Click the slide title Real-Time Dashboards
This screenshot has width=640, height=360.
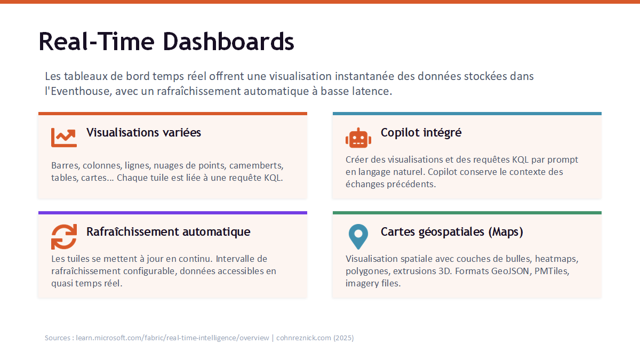coord(166,42)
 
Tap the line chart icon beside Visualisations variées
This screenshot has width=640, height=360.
coord(64,138)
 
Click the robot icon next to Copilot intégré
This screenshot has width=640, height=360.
coord(358,138)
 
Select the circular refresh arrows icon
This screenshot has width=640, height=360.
coord(64,237)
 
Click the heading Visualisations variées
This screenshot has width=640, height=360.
coord(143,133)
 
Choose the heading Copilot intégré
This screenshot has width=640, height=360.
coord(421,133)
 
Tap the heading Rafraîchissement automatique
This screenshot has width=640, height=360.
coord(169,231)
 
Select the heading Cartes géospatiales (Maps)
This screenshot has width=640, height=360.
coord(452,231)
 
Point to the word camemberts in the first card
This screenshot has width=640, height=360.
coord(257,166)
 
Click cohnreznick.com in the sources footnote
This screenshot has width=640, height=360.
coord(303,338)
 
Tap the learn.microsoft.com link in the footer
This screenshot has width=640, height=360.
coord(172,338)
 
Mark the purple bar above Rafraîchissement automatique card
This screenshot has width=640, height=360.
coord(173,213)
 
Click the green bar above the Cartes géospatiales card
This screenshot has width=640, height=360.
coord(467,213)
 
